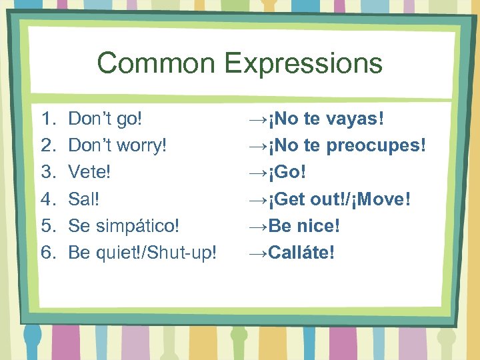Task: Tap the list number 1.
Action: [47, 119]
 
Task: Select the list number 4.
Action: [47, 199]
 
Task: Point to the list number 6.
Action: [47, 253]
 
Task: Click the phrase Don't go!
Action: [106, 119]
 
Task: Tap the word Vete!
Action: [90, 173]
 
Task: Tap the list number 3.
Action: [47, 173]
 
